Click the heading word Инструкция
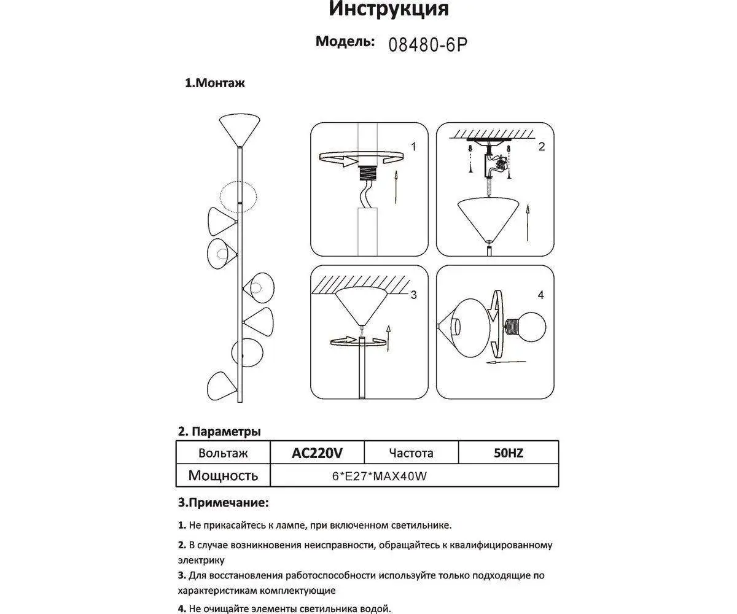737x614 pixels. pyautogui.click(x=389, y=9)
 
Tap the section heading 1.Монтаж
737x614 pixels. pyautogui.click(x=215, y=83)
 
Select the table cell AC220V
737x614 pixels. pyautogui.click(x=317, y=453)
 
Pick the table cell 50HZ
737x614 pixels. pyautogui.click(x=508, y=453)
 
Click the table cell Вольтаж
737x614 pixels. pyautogui.click(x=223, y=453)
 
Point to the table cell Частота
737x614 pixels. pyautogui.click(x=411, y=453)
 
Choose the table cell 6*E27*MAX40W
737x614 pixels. pyautogui.click(x=379, y=476)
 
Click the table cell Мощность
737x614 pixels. pyautogui.click(x=223, y=475)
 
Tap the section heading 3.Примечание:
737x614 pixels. pyautogui.click(x=223, y=503)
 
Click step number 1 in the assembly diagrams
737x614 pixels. pyautogui.click(x=413, y=147)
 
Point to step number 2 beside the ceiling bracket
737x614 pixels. pyautogui.click(x=541, y=146)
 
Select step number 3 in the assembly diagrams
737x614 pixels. pyautogui.click(x=413, y=295)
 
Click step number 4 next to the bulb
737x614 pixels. pyautogui.click(x=540, y=295)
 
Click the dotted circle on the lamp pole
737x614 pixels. pyautogui.click(x=238, y=197)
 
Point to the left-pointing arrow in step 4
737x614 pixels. pyautogui.click(x=499, y=362)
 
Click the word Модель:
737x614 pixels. pyautogui.click(x=345, y=42)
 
